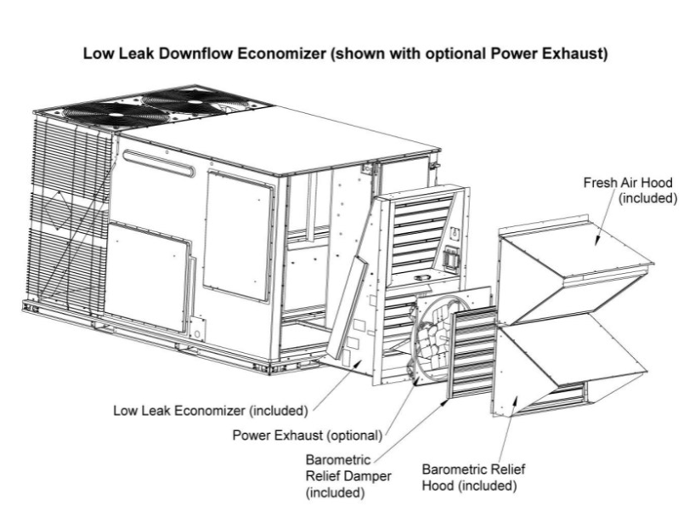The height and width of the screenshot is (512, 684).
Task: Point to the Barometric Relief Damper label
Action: click(x=340, y=470)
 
